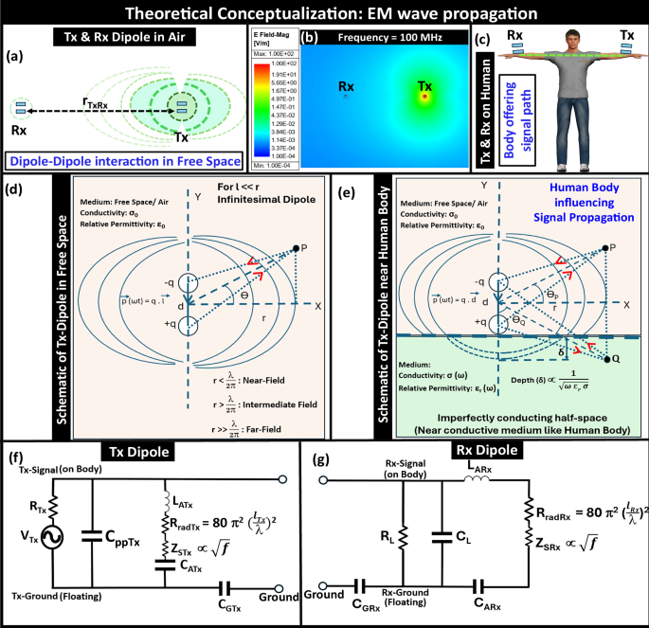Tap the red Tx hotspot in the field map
tap(424, 96)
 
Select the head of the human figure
tap(567, 38)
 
